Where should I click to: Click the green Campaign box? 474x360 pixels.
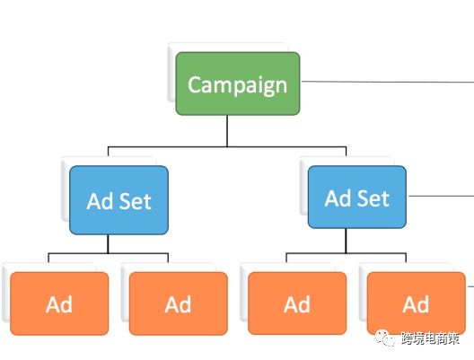238,83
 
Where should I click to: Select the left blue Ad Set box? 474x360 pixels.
118,200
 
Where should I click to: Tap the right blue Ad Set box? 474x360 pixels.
357,198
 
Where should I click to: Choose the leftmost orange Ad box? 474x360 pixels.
59,303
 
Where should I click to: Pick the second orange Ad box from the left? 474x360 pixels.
179,303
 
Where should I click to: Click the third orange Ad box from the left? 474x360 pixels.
297,303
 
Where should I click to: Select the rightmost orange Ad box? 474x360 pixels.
417,303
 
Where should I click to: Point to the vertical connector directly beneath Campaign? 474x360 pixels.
227,131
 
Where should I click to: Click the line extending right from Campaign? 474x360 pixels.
388,82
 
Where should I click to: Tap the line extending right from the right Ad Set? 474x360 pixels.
441,196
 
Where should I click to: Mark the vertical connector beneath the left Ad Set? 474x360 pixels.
108,243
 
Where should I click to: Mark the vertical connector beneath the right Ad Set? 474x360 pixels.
346,241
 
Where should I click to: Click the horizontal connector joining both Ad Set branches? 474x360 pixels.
227,147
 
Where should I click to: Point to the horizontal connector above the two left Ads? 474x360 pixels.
109,253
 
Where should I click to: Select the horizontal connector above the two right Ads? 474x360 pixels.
347,253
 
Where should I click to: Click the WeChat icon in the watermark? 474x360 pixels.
385,338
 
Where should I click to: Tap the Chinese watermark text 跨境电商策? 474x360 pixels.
430,338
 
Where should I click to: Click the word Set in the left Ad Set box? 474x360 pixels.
136,201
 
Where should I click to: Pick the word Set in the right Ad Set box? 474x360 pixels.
373,198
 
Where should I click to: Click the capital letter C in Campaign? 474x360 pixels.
195,84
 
